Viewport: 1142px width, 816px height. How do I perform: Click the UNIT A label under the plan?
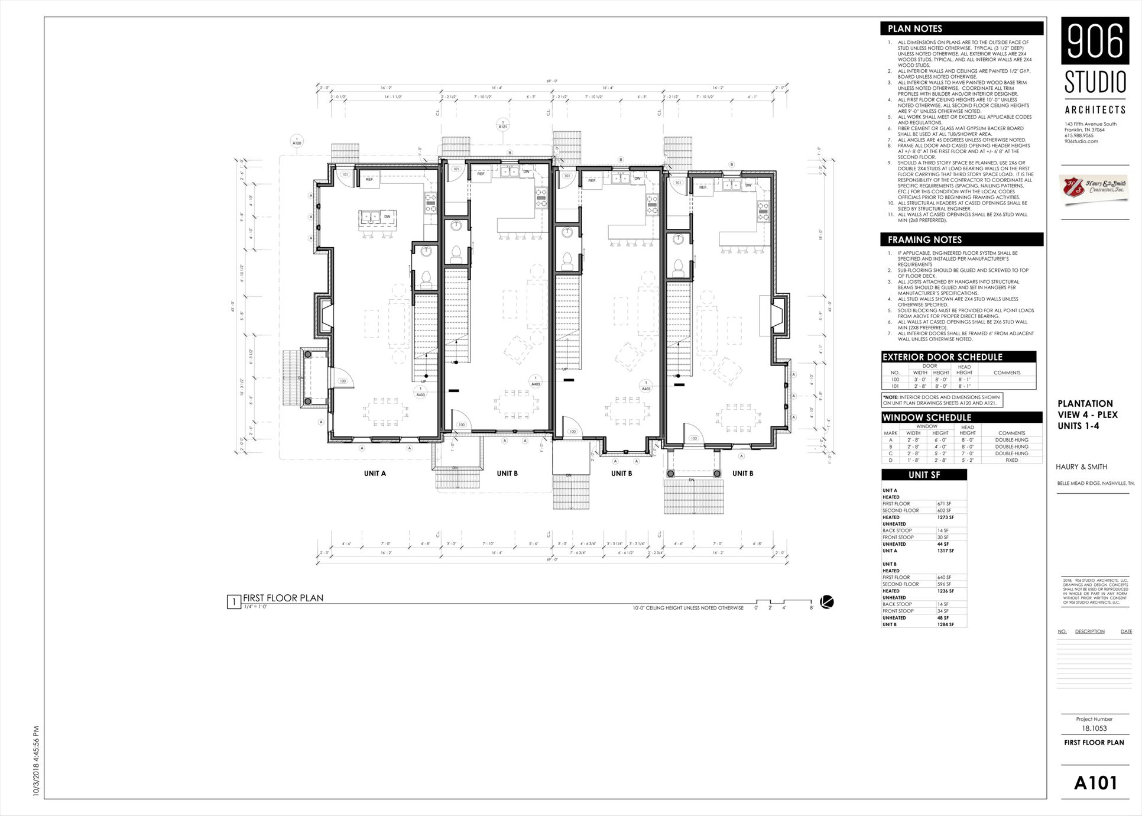pyautogui.click(x=375, y=473)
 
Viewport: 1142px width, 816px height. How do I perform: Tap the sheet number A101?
pyautogui.click(x=1095, y=783)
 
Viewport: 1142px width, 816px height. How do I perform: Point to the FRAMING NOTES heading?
pyautogui.click(x=924, y=239)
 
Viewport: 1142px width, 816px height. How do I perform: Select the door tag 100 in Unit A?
pyautogui.click(x=343, y=381)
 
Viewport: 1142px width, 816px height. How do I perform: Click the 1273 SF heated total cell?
pyautogui.click(x=946, y=517)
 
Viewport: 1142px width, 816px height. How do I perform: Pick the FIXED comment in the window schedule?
pyautogui.click(x=1011, y=460)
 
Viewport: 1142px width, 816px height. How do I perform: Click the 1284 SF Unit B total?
pyautogui.click(x=946, y=624)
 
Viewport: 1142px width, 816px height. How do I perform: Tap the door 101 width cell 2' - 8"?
pyautogui.click(x=920, y=386)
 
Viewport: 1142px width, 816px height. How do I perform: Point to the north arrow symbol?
pyautogui.click(x=828, y=603)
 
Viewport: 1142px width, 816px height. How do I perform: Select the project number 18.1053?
pyautogui.click(x=1095, y=728)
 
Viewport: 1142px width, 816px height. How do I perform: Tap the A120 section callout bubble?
pyautogui.click(x=297, y=141)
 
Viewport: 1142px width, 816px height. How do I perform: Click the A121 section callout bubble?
pyautogui.click(x=503, y=125)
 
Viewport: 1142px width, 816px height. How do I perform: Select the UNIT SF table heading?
pyautogui.click(x=924, y=475)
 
